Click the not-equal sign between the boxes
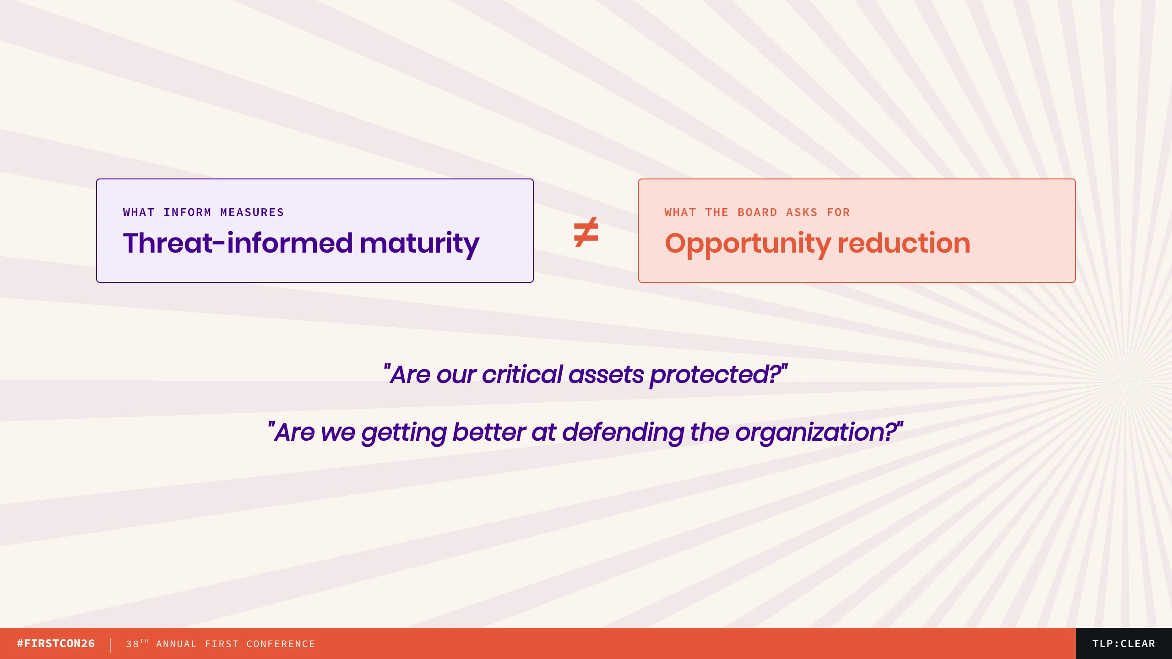[586, 232]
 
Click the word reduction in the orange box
[904, 243]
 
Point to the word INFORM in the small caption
[187, 212]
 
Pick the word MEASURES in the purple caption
[252, 212]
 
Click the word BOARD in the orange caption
[757, 212]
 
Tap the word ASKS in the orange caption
[802, 212]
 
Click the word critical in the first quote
[522, 374]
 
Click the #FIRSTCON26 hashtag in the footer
[56, 643]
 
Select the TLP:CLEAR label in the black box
[1123, 643]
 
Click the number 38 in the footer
[132, 644]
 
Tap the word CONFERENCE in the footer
[281, 644]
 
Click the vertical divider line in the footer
[110, 645]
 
